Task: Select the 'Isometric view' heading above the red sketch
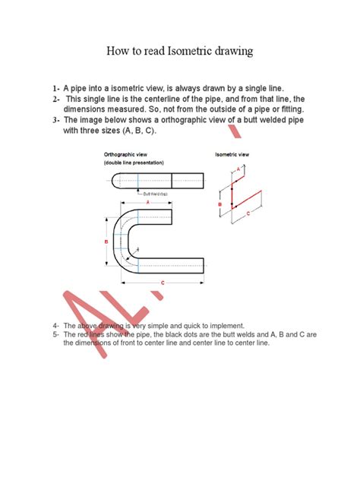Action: click(x=233, y=153)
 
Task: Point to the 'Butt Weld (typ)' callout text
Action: click(x=156, y=194)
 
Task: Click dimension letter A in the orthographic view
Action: click(x=147, y=203)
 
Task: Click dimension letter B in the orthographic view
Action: click(x=106, y=242)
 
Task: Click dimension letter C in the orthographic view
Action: click(x=163, y=283)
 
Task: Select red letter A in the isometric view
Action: click(x=239, y=167)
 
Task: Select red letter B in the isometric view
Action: click(x=219, y=204)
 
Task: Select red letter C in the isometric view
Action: click(x=248, y=215)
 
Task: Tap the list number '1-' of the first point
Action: click(x=56, y=89)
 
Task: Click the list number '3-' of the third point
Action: click(x=56, y=120)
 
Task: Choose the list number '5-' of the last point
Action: click(x=56, y=333)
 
